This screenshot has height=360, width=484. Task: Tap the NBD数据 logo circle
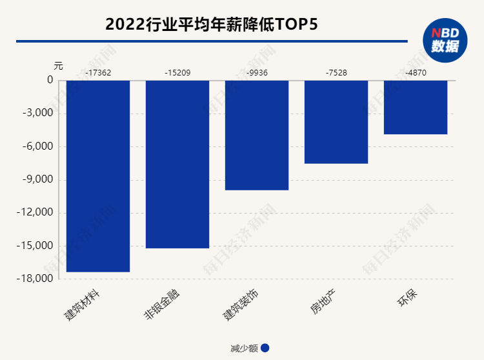[445, 40]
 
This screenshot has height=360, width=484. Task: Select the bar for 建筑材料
[98, 175]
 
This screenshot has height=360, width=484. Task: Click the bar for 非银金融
[177, 164]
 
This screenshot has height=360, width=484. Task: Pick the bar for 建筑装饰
[257, 135]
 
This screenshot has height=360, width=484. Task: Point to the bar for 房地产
[336, 122]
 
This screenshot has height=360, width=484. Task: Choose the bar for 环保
[416, 107]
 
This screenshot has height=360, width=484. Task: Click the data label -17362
[98, 73]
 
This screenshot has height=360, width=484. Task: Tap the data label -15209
[177, 73]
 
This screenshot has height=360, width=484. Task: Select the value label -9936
[257, 73]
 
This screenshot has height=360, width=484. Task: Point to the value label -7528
[336, 73]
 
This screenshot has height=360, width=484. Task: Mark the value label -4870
[416, 73]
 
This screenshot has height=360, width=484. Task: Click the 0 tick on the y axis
[50, 81]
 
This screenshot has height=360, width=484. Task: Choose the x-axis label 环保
[407, 301]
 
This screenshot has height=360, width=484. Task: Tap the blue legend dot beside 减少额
[265, 348]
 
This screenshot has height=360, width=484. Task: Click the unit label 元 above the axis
[59, 66]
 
